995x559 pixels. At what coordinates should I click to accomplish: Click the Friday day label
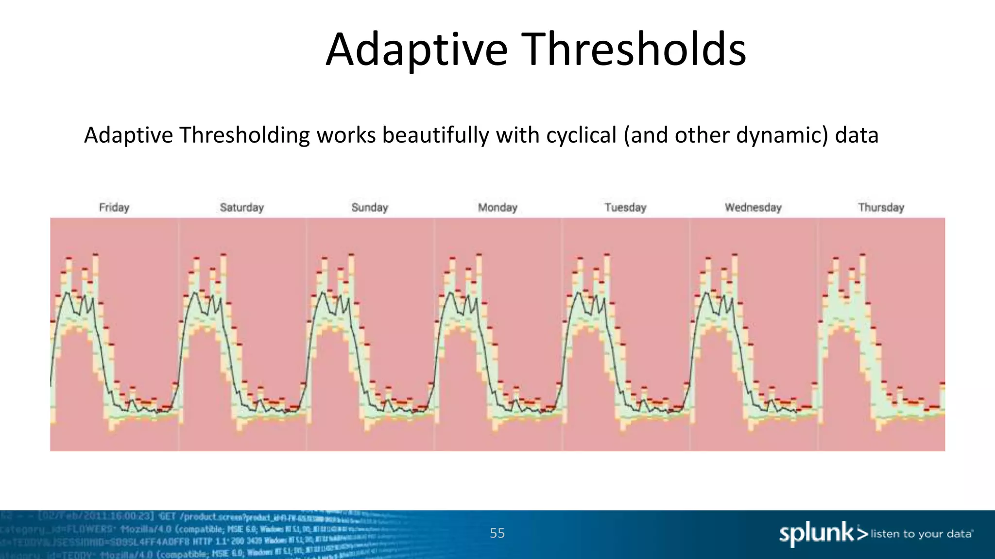[114, 208]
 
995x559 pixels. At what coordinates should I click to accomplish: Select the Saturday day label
[241, 208]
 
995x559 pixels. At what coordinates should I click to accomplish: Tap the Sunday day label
[370, 208]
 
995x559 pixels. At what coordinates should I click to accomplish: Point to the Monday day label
[497, 208]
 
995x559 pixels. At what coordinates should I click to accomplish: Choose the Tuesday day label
[625, 208]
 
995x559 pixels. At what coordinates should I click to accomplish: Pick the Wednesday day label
[753, 208]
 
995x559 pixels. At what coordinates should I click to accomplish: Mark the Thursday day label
[881, 208]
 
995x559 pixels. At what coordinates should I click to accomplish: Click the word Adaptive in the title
[417, 50]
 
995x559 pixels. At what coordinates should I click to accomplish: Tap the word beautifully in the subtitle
[435, 135]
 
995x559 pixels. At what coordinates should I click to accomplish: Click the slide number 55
[497, 533]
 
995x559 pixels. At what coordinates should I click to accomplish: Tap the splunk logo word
[816, 534]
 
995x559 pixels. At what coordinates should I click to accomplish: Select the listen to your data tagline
[921, 534]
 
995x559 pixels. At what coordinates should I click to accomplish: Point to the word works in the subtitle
[346, 135]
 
